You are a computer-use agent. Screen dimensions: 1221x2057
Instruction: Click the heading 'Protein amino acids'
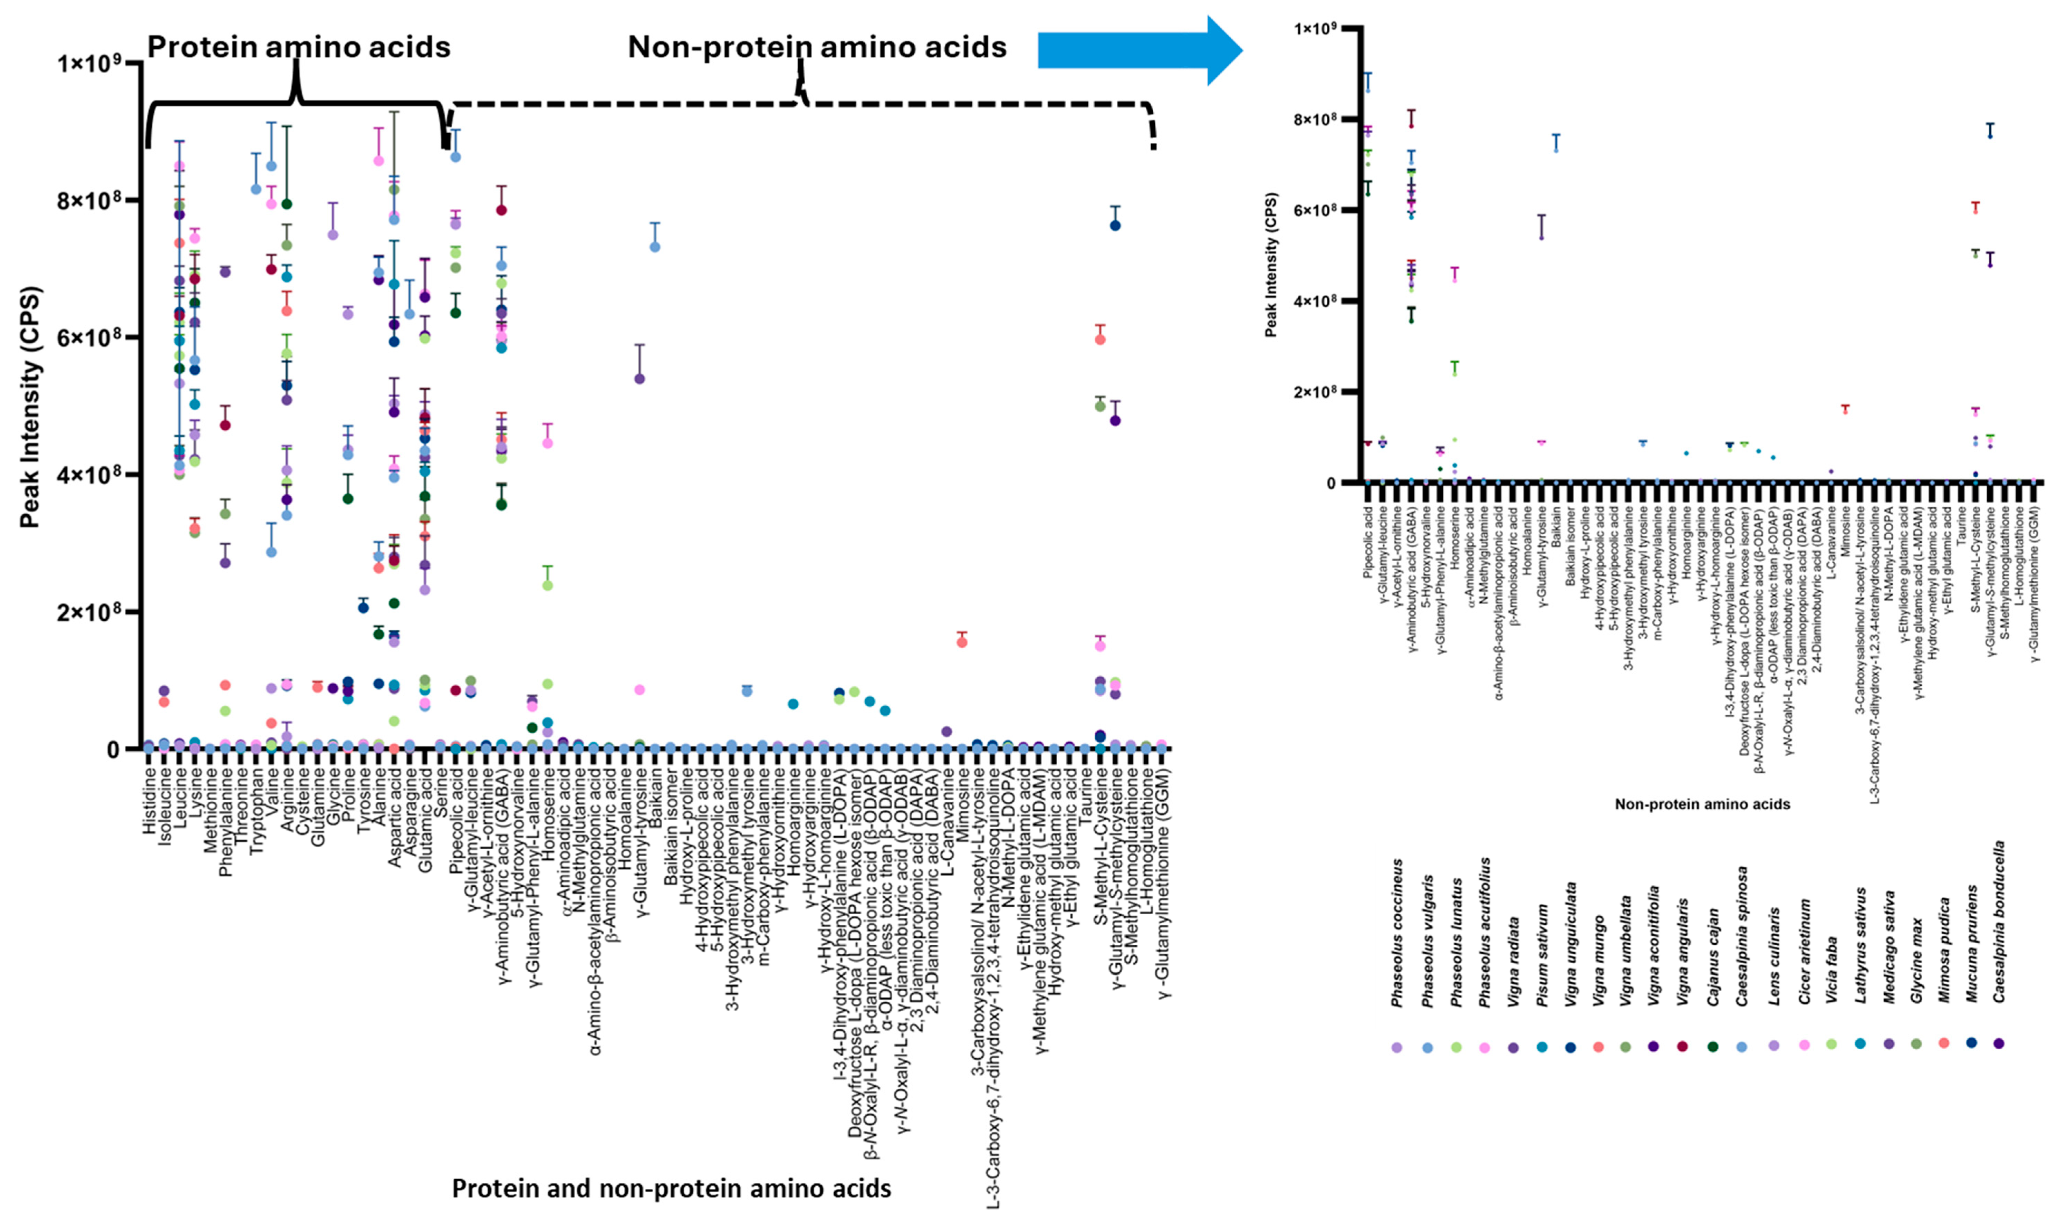(x=299, y=47)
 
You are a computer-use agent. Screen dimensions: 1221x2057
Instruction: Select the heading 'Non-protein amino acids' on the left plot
(x=817, y=47)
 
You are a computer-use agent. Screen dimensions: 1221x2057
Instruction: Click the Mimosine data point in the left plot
(x=961, y=642)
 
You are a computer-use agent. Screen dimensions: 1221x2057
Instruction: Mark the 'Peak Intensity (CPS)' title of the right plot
(x=1271, y=265)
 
